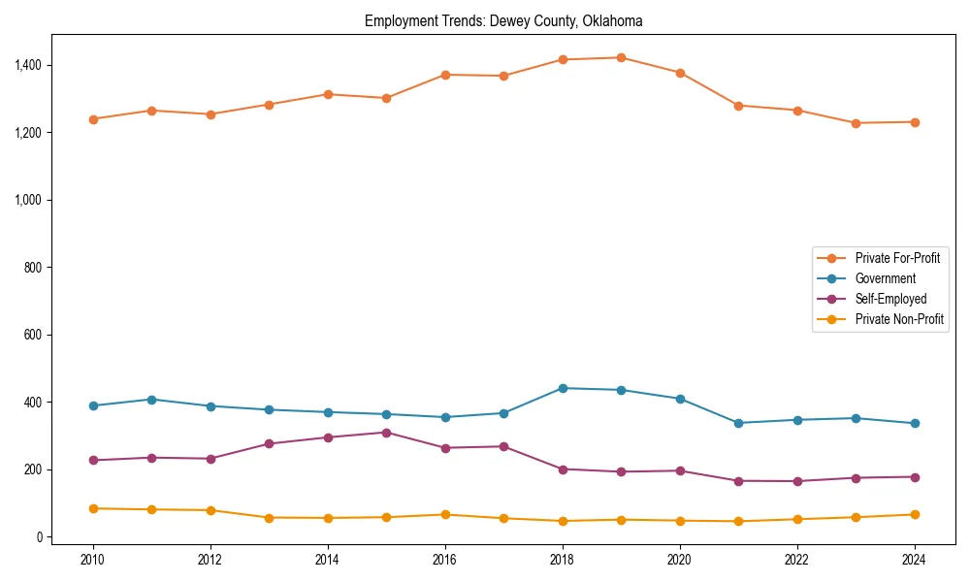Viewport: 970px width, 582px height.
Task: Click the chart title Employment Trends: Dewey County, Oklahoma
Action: point(503,20)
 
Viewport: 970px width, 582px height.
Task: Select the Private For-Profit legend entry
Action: point(897,258)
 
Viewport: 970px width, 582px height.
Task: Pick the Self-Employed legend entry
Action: point(890,299)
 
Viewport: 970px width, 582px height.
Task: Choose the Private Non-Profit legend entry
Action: point(899,319)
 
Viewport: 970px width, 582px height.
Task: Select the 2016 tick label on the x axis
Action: point(444,560)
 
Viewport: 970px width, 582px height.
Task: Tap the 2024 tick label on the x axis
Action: point(913,560)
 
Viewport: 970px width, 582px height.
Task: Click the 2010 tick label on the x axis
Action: point(93,560)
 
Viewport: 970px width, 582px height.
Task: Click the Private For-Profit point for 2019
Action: point(621,57)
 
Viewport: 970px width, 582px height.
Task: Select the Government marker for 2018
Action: point(562,388)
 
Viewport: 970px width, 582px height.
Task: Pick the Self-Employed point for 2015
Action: point(386,433)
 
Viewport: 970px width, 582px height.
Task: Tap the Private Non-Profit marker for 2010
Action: point(93,508)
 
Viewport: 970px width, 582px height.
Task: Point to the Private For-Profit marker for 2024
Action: point(914,122)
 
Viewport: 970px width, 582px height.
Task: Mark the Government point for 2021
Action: point(738,423)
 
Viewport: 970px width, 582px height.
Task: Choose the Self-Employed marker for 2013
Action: point(269,443)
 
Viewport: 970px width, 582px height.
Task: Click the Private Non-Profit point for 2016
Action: point(444,514)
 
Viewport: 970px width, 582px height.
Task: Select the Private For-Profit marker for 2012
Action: point(210,114)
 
